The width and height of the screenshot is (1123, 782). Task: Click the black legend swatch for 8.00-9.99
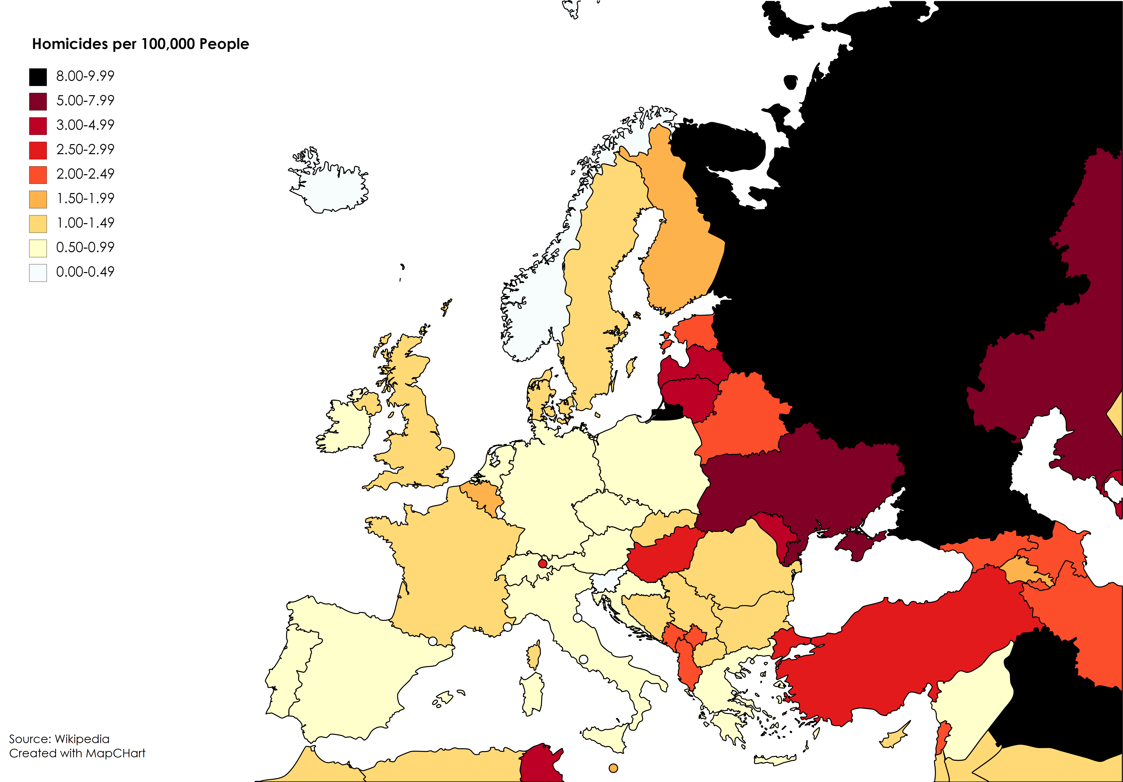point(38,77)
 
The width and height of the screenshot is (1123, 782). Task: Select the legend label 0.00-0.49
point(85,272)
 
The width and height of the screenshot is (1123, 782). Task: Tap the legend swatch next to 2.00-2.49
point(38,175)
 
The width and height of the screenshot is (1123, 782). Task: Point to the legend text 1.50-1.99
point(85,198)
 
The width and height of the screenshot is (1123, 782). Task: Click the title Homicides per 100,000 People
point(140,44)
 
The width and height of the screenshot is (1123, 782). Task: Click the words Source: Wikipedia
point(59,739)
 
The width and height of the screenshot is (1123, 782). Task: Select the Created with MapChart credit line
point(77,753)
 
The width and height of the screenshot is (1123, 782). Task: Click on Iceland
point(333,188)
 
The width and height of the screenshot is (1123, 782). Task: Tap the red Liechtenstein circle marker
point(542,564)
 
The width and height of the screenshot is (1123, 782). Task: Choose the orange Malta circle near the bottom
point(613,768)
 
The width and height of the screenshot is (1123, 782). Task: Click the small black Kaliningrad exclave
point(668,414)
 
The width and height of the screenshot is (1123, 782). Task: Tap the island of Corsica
point(534,656)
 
